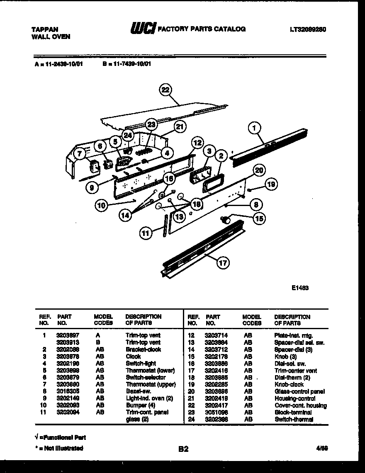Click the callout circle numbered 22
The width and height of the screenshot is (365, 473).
coord(166,90)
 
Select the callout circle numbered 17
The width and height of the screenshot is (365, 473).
coord(223,262)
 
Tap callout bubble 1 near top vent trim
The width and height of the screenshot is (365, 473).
coord(254,129)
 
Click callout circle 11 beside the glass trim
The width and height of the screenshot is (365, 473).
coord(146,234)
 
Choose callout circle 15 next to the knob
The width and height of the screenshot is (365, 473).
coord(259,218)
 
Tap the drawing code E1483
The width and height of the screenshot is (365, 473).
coord(300,287)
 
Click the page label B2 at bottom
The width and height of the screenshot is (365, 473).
coord(183,449)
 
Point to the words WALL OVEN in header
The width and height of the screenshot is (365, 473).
coord(51,36)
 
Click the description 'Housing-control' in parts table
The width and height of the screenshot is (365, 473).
coord(294,398)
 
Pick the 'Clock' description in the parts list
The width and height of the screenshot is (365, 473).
coord(133,356)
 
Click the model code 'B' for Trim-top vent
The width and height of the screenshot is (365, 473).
coord(97,342)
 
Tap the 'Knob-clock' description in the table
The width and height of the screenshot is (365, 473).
coord(289,384)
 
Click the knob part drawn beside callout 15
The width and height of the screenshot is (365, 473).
coord(227,220)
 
